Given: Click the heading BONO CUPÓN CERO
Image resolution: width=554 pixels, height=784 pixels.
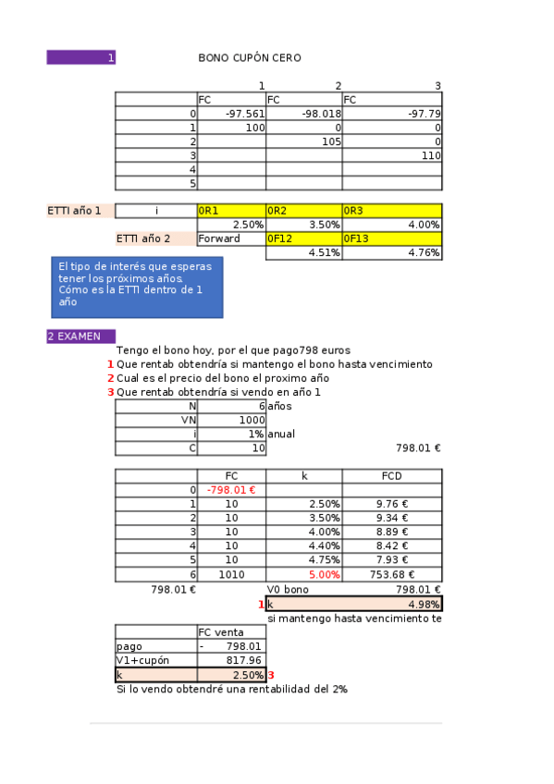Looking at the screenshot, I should click(250, 58).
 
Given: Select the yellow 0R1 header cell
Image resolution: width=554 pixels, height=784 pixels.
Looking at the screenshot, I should click(231, 211).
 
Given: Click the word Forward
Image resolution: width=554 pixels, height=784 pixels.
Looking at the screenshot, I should click(219, 239).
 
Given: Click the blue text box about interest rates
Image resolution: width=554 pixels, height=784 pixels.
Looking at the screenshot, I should click(136, 283).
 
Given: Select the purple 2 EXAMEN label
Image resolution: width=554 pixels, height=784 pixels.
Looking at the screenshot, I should click(80, 337).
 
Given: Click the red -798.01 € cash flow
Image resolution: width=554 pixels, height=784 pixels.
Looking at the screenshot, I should click(231, 489).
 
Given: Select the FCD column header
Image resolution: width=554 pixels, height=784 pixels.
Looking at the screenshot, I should click(391, 475).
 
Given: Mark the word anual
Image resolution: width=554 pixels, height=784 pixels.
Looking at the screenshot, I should click(282, 434).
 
